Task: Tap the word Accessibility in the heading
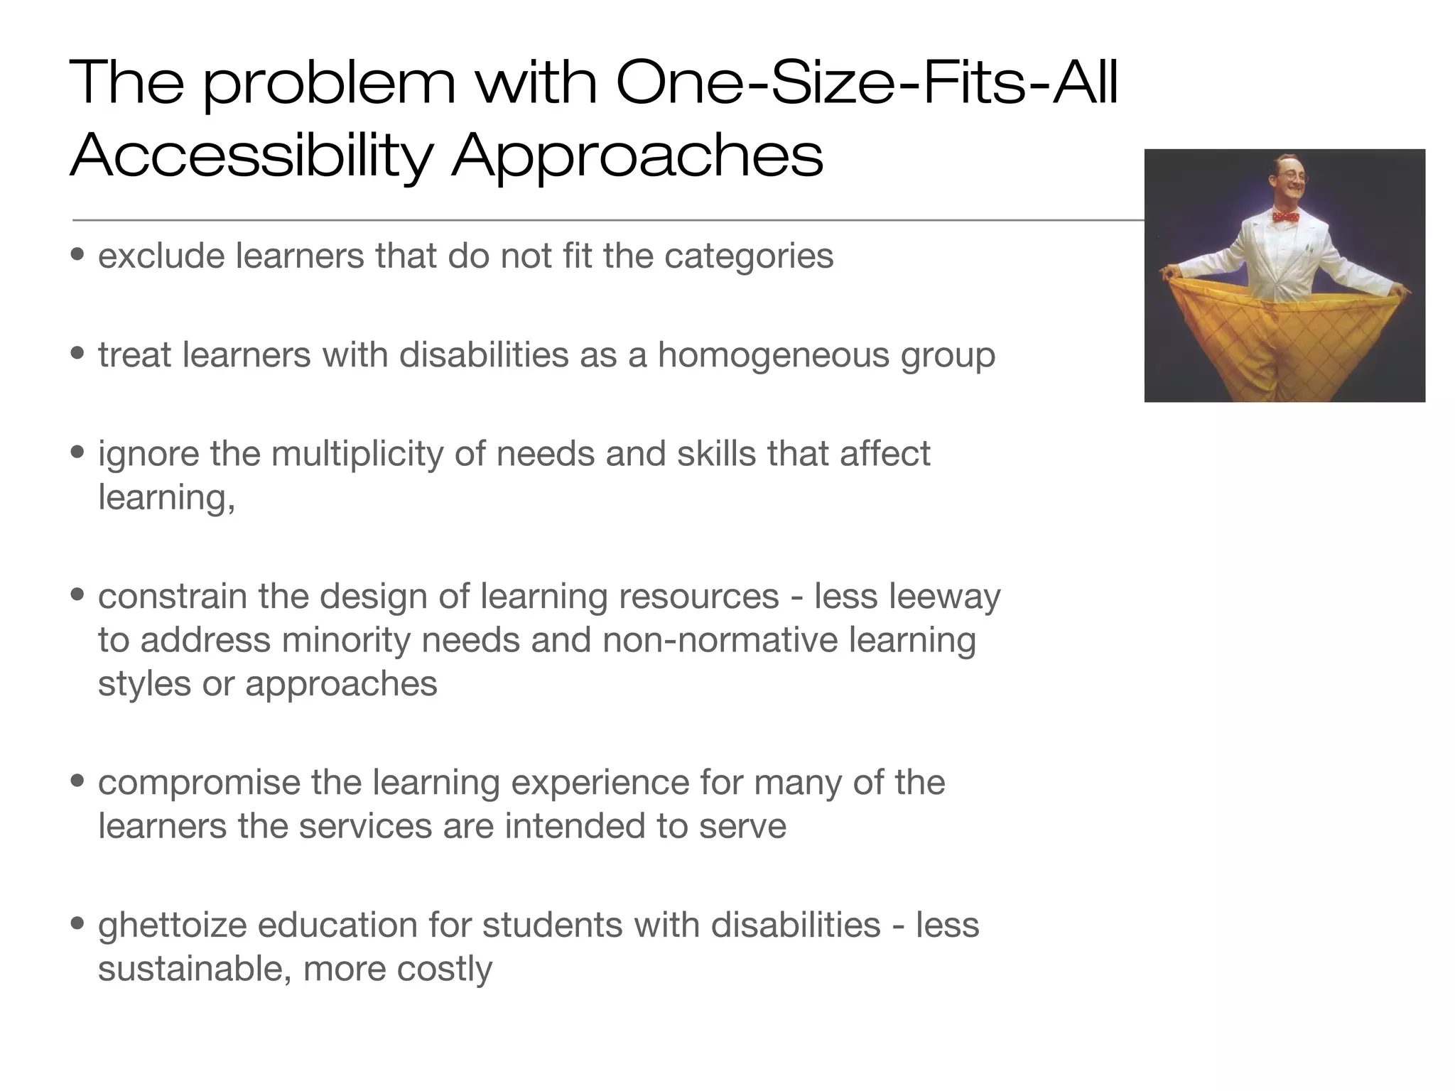click(x=251, y=156)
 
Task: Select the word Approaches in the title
click(x=637, y=156)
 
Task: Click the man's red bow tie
click(x=1285, y=217)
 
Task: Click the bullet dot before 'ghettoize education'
click(x=78, y=923)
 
